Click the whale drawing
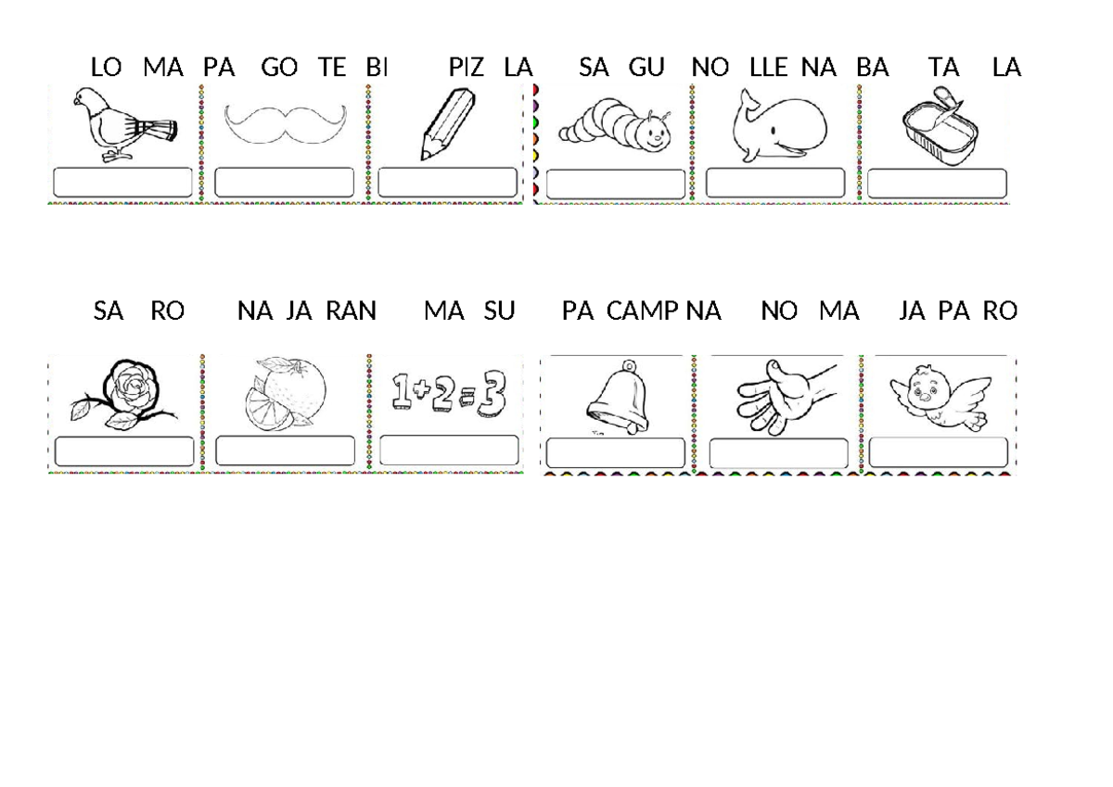coord(775,128)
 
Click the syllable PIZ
coord(467,68)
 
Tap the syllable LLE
coord(768,68)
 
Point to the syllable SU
coord(499,311)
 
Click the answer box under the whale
coord(775,184)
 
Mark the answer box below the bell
coord(616,453)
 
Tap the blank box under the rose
coord(124,451)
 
